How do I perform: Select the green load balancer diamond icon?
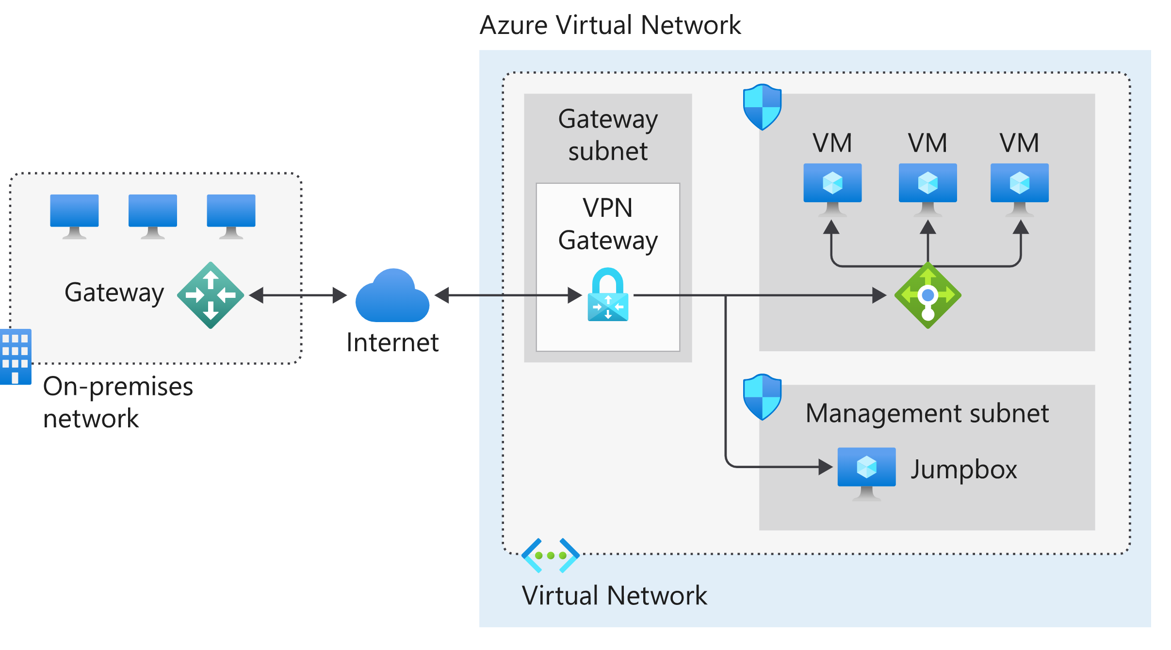[927, 295]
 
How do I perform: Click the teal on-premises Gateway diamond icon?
[211, 295]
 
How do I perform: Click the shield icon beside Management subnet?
[762, 397]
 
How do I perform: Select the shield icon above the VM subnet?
[762, 107]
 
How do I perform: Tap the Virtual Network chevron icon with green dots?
[550, 555]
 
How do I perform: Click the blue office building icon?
[16, 357]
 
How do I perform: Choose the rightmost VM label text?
[1019, 143]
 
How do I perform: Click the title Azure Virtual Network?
[610, 25]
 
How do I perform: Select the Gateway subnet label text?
[608, 135]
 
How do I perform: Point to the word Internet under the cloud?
[392, 342]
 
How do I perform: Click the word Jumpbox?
[963, 470]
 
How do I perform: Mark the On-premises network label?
[118, 402]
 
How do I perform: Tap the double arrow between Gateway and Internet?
[297, 295]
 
